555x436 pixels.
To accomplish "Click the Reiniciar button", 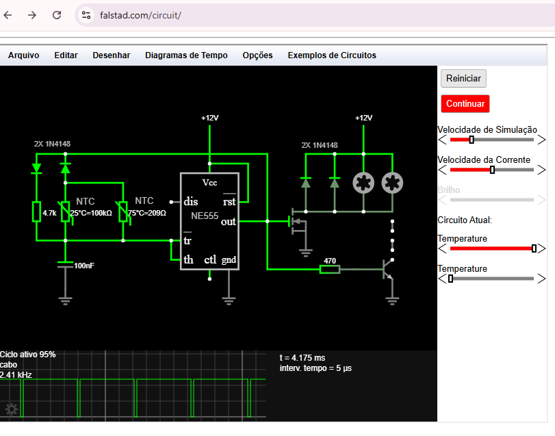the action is pos(463,78).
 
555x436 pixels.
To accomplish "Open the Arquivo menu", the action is pos(24,55).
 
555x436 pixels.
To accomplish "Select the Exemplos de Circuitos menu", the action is pos(332,55).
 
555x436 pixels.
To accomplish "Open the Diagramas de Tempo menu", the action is pos(186,55).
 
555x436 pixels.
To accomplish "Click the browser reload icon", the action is pos(57,15).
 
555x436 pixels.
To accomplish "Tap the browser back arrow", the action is pos(8,15).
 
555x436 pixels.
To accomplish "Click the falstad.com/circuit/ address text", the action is pos(140,16).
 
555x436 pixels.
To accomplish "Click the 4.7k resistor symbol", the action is pos(36,211).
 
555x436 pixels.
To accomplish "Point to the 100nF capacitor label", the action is pos(84,266).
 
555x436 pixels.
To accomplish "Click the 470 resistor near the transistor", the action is pos(330,269).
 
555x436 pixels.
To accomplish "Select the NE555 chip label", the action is pos(205,216).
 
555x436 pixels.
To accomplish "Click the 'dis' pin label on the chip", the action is pos(191,202).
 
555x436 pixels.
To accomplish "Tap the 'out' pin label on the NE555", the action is pos(229,222).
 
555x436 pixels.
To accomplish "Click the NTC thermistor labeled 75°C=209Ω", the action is pos(122,211).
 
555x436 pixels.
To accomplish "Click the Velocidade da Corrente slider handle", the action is pos(492,170).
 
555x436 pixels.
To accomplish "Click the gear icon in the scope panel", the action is pos(12,409).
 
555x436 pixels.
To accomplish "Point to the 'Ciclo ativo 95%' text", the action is pos(27,355).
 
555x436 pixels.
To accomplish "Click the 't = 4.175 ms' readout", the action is pos(302,358).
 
